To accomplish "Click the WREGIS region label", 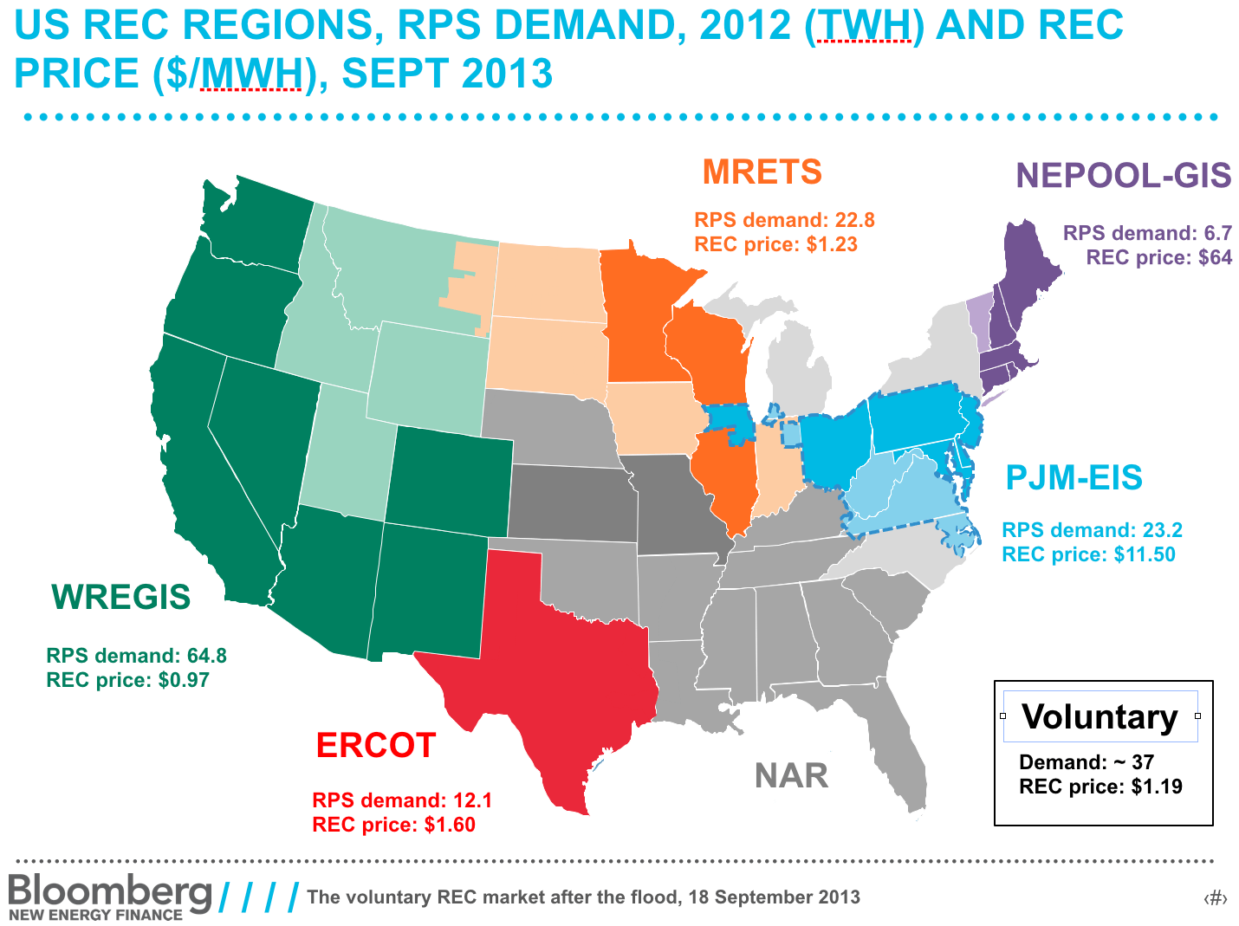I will pos(120,597).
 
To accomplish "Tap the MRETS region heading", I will pos(762,172).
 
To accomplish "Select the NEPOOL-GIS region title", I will pos(1123,175).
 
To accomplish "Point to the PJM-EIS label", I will pos(1074,477).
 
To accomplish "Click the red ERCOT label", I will pos(375,745).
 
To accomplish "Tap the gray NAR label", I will pos(791,775).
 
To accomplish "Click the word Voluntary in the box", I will pos(1100,716).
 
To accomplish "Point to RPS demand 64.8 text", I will pos(136,656).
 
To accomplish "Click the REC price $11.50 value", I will pos(1088,554).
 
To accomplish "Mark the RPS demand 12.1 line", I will pos(402,800).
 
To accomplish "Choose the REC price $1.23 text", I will pos(775,244).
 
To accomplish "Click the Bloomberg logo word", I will pos(110,890).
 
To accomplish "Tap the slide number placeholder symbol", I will pos(1216,898).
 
